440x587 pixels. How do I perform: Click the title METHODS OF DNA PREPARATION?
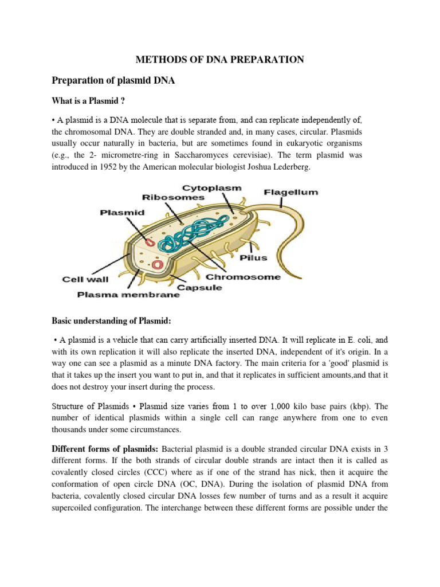point(219,59)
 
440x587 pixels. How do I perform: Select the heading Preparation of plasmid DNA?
point(113,81)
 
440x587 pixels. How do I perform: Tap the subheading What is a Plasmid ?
point(88,101)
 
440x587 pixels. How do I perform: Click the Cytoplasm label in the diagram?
point(211,188)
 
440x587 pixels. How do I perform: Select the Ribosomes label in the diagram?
point(173,197)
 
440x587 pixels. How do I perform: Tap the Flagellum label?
point(290,193)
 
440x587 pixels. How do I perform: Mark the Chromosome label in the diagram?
point(243,277)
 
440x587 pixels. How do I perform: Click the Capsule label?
point(199,287)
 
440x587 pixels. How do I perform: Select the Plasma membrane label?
point(129,295)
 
